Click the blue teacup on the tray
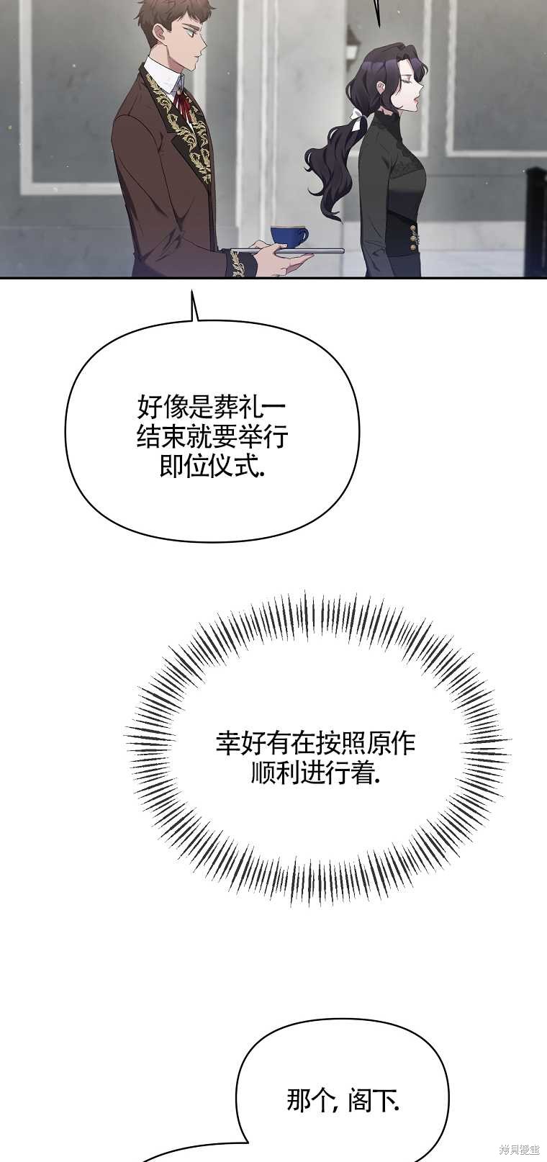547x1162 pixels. pos(288,237)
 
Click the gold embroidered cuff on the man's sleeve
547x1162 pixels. pos(238,263)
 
